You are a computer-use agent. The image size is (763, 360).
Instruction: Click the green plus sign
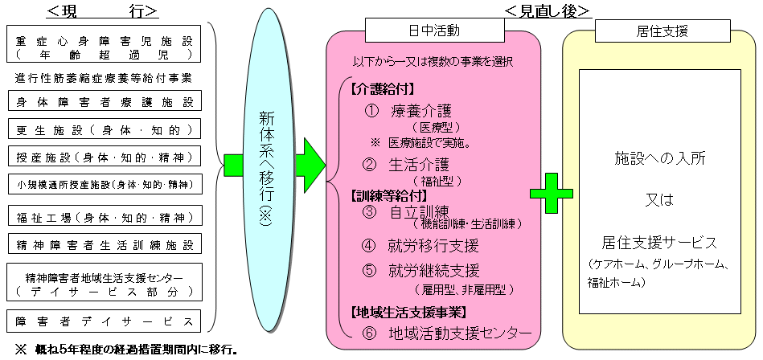tap(551, 194)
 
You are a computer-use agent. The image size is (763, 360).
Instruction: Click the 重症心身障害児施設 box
tap(105, 47)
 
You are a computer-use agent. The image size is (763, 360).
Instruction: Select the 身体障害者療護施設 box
tap(105, 101)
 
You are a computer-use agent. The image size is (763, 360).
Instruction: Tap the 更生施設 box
tap(105, 129)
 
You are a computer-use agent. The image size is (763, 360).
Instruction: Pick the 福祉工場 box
tap(105, 217)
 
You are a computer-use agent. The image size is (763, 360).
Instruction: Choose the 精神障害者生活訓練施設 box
tap(105, 243)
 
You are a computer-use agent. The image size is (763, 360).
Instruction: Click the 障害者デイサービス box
tap(105, 321)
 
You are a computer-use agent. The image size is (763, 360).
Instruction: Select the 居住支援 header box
tap(655, 31)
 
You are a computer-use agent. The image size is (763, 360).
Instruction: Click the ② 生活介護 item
tap(410, 166)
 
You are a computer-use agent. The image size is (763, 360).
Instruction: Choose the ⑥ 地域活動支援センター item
tap(447, 332)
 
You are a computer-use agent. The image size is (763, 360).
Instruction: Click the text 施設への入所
tap(660, 158)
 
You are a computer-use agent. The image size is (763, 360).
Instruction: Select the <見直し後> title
tap(548, 10)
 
